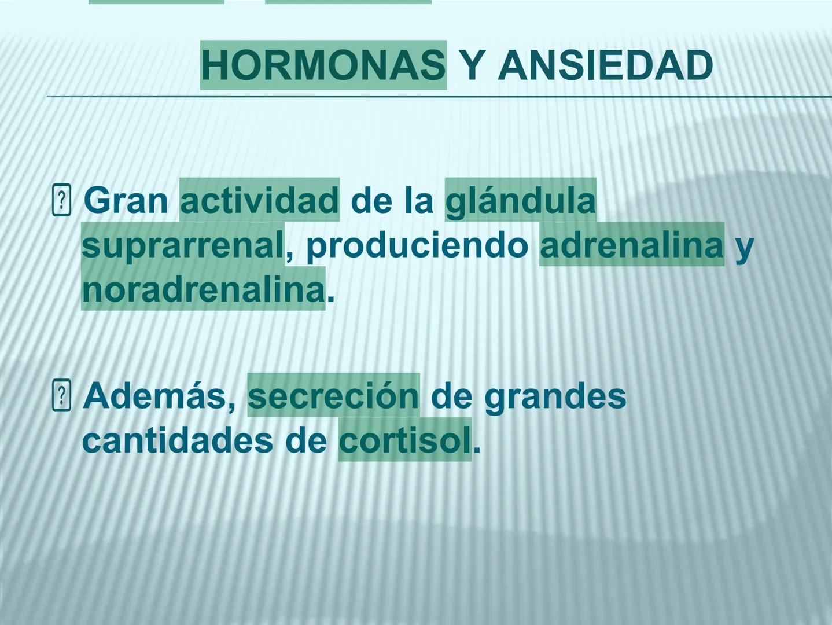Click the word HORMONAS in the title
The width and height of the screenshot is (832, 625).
[323, 65]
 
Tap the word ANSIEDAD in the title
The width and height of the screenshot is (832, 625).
[605, 65]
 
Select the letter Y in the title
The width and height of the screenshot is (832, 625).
[472, 65]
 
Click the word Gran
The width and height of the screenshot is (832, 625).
[126, 201]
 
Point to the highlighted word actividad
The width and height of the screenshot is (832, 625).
[259, 201]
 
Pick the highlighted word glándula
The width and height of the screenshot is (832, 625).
[520, 201]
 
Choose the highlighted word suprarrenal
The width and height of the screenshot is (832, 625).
[183, 245]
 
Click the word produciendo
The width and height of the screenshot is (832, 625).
[417, 245]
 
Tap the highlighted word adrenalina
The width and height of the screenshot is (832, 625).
[631, 245]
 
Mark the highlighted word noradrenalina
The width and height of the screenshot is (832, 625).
[203, 289]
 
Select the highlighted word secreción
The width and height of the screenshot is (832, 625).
[333, 396]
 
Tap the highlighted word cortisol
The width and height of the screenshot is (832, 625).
[405, 441]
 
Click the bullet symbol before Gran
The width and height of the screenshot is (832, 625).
[61, 201]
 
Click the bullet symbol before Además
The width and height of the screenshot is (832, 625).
[61, 396]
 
